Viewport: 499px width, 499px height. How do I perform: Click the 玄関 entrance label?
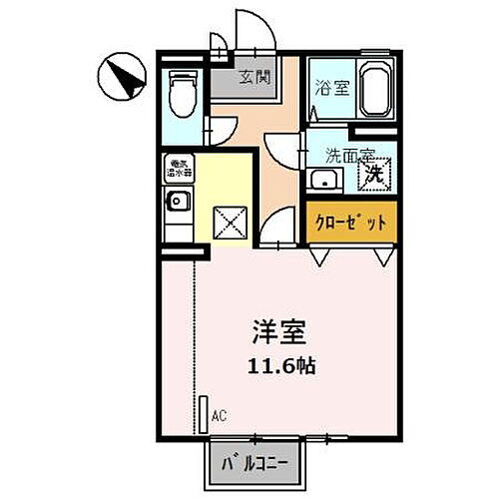[x=253, y=77]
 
